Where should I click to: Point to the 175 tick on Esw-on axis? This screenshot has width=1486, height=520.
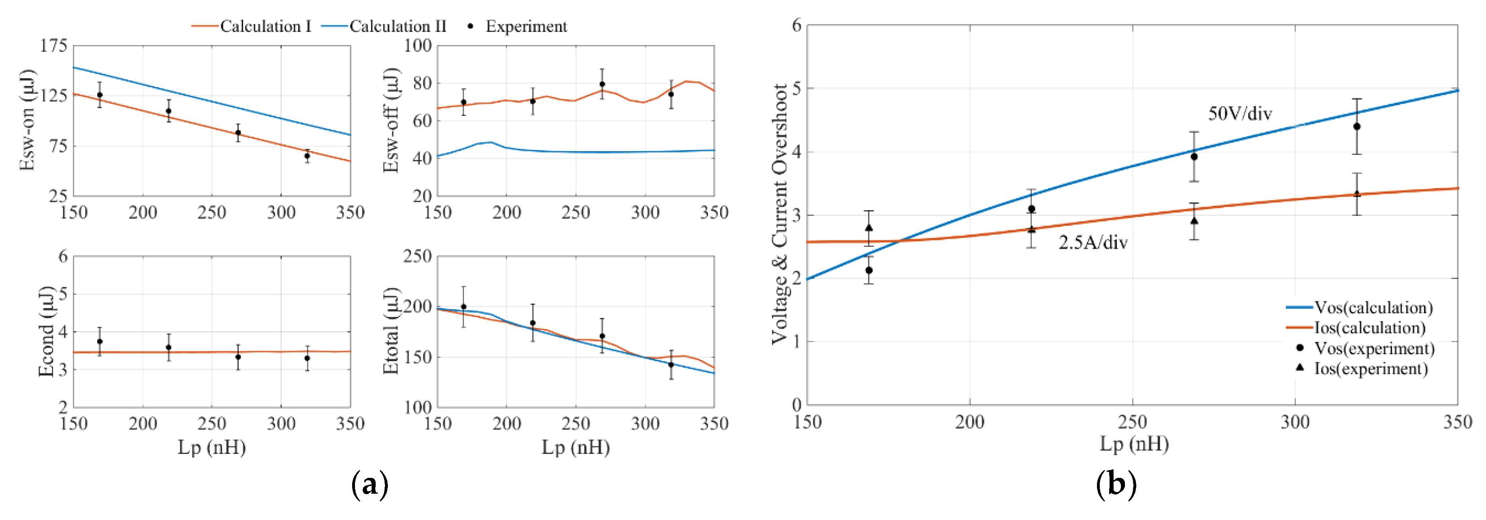point(53,45)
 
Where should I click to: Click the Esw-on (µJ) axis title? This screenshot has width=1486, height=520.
point(27,120)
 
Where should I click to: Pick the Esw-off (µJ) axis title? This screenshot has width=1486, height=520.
point(391,120)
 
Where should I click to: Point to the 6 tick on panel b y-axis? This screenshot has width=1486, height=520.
point(797,26)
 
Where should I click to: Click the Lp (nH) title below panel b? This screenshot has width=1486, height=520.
point(1133,444)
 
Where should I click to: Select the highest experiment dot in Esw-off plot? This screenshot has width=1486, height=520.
point(602,84)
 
